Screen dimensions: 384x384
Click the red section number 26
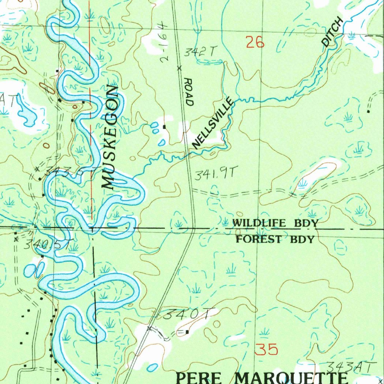255,42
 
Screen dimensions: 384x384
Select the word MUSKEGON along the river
110,137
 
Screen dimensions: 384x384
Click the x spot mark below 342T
179,68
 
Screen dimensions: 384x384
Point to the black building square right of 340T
187,331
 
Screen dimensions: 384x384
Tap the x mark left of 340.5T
16,240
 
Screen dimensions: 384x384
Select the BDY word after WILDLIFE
306,223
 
